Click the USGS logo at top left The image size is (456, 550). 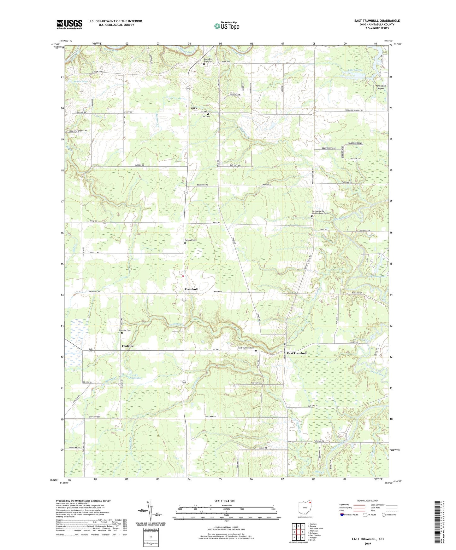pos(69,24)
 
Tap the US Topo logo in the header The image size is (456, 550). pos(226,26)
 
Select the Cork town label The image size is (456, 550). pos(194,108)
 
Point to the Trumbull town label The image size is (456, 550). pos(191,289)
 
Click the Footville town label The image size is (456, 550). pos(128,346)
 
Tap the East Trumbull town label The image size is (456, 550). pos(296,353)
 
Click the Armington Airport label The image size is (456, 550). pos(381,87)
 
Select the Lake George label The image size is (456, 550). pos(355,70)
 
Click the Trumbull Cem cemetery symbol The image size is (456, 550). pos(185,243)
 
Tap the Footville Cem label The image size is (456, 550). pos(125,330)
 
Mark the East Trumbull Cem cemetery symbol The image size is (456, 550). pos(256,350)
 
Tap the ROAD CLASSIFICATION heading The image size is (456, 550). pos(367,501)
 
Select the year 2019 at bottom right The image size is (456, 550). pos(368,543)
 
